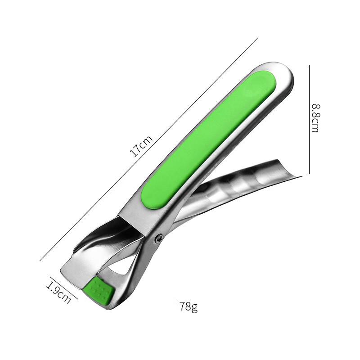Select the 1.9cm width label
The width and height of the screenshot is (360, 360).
pyautogui.click(x=58, y=292)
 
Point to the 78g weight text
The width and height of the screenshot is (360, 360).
pyautogui.click(x=189, y=307)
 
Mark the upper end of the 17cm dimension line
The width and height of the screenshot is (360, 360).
pyautogui.click(x=257, y=39)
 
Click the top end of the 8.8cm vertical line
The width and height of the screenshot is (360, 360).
pyautogui.click(x=309, y=66)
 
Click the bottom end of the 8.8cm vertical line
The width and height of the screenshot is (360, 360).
pyautogui.click(x=309, y=173)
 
